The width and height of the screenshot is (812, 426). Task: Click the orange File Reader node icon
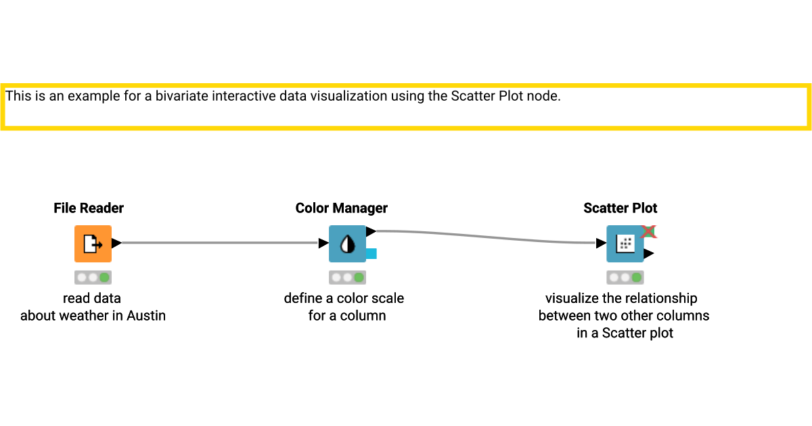[x=93, y=243]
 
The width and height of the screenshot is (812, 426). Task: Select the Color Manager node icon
[x=347, y=243]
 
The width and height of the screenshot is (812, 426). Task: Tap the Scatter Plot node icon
[x=625, y=243]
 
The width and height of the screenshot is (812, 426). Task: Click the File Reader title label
[x=89, y=208]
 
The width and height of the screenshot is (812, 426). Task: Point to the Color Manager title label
[x=342, y=208]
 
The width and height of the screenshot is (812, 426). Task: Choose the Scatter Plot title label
[x=621, y=208]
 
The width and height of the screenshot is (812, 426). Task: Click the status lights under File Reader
[x=93, y=277]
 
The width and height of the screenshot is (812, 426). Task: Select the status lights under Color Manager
[x=347, y=277]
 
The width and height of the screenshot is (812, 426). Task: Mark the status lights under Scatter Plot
[x=625, y=277]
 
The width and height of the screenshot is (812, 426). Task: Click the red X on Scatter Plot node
[x=648, y=231]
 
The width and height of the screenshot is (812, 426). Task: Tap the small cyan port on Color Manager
[x=371, y=254]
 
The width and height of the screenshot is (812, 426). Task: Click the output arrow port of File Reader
[x=116, y=243]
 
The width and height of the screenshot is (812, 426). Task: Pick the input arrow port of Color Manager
[x=323, y=243]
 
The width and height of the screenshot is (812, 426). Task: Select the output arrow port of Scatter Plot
[x=648, y=254]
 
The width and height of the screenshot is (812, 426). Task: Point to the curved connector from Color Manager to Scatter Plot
[x=487, y=237]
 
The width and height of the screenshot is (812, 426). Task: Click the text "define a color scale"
[x=344, y=298]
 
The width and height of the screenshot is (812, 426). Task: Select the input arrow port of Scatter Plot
[x=601, y=243]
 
